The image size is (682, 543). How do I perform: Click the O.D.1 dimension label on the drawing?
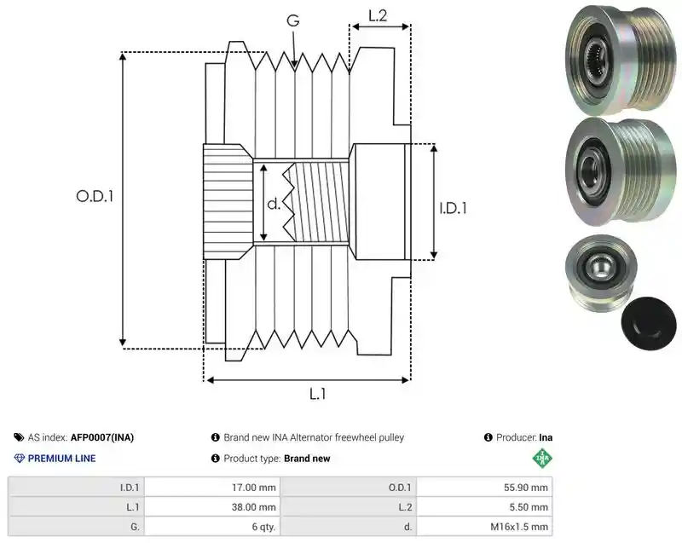pyautogui.click(x=95, y=197)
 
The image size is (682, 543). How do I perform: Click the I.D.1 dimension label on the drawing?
pyautogui.click(x=453, y=208)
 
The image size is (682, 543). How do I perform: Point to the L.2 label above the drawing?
pyautogui.click(x=378, y=15)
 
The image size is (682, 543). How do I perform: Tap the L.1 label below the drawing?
pyautogui.click(x=317, y=395)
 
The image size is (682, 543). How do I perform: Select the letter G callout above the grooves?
pyautogui.click(x=293, y=20)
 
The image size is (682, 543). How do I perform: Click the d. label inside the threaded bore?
pyautogui.click(x=274, y=204)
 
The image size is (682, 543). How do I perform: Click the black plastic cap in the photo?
pyautogui.click(x=649, y=323)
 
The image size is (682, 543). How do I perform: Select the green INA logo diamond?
pyautogui.click(x=542, y=459)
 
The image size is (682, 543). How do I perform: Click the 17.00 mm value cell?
pyautogui.click(x=212, y=488)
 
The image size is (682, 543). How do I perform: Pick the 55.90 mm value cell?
pyautogui.click(x=484, y=488)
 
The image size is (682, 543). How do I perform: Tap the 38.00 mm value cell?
pyautogui.click(x=212, y=507)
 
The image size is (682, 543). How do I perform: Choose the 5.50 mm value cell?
pyautogui.click(x=484, y=507)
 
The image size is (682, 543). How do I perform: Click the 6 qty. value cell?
pyautogui.click(x=212, y=527)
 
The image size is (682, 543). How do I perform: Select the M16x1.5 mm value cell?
pyautogui.click(x=484, y=527)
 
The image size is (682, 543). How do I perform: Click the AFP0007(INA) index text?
pyautogui.click(x=102, y=437)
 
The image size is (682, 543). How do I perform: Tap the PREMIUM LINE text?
pyautogui.click(x=61, y=459)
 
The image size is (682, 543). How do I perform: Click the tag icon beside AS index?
pyautogui.click(x=19, y=437)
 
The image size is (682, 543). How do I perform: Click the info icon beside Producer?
pyautogui.click(x=488, y=437)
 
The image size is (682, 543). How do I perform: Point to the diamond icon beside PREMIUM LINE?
pyautogui.click(x=20, y=459)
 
